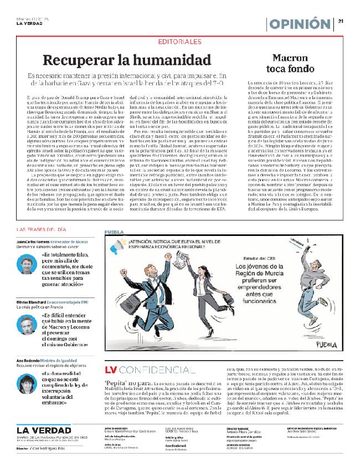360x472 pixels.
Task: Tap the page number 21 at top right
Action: (x=342, y=22)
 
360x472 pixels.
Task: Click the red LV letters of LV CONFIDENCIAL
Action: (x=111, y=370)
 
